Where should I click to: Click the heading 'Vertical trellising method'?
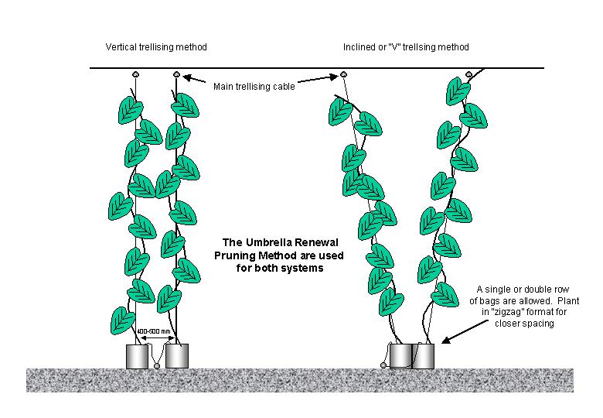[156, 47]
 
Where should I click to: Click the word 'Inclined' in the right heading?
[358, 47]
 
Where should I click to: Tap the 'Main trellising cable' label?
[254, 87]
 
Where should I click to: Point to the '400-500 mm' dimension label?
[155, 331]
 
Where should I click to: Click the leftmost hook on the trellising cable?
[136, 74]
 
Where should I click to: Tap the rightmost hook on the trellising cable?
[468, 74]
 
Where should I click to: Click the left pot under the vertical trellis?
[137, 356]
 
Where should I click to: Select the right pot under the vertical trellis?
[177, 356]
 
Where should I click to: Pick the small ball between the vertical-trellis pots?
[157, 365]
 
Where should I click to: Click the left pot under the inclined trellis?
[400, 356]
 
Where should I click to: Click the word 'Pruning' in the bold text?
[237, 255]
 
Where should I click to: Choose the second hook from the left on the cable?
[177, 74]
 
